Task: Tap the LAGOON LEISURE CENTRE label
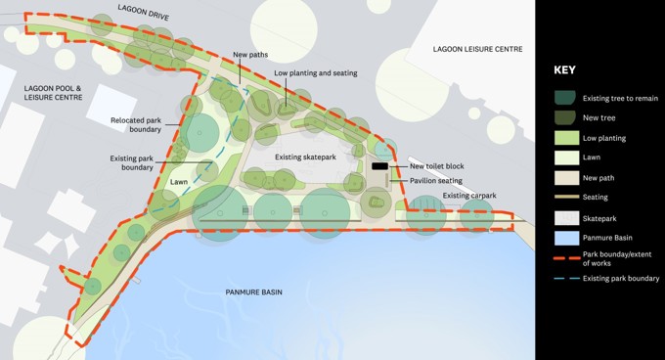coord(478,49)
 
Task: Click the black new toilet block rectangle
coord(379,167)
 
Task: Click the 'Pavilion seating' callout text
coord(436,180)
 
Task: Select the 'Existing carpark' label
coord(469,196)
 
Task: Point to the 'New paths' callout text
coord(250,55)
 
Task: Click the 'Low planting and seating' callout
coord(315,73)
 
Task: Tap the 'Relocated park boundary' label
coord(137,125)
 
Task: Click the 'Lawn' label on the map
coord(178,182)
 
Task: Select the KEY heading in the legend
coord(565,70)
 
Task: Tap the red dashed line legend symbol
coord(566,257)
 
